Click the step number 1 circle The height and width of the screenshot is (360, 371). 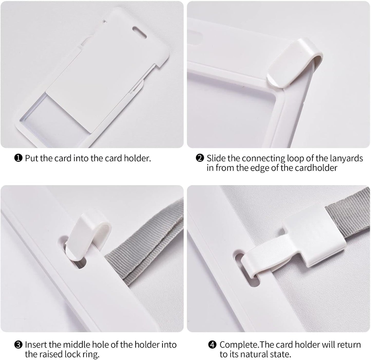18,158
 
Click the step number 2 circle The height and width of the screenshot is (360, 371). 200,158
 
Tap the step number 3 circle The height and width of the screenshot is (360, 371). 18,345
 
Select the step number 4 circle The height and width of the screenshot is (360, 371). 212,345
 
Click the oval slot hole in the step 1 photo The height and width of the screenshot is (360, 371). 139,32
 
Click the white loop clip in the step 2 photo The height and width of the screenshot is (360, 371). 294,63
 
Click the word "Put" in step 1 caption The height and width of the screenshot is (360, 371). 32,158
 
